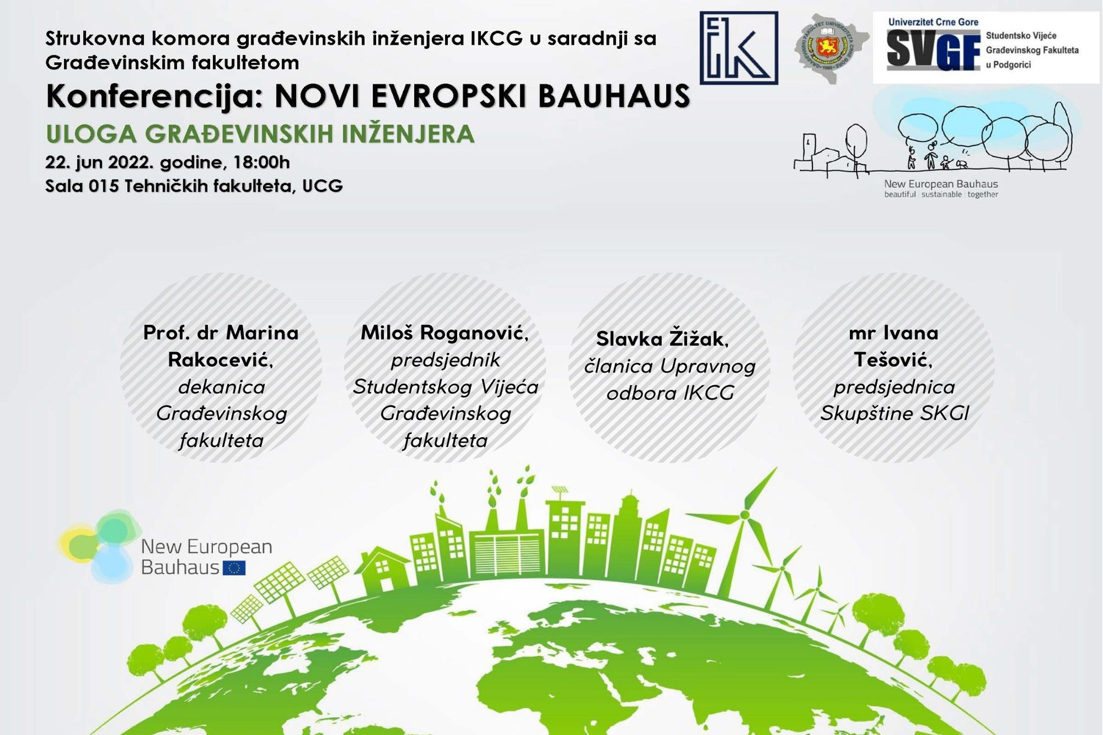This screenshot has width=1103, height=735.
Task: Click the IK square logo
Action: (x=738, y=48)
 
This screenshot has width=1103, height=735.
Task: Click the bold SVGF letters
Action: (x=933, y=50)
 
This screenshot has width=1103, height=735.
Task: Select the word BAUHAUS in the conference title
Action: (x=614, y=96)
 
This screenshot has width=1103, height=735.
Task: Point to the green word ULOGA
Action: (x=91, y=134)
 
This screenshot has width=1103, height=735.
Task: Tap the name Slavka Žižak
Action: (x=662, y=339)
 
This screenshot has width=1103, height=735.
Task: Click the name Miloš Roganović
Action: (x=445, y=333)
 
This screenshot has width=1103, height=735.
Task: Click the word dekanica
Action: (x=222, y=387)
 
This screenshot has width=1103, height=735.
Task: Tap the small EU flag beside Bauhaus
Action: (x=234, y=568)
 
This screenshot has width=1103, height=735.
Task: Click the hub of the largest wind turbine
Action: (x=744, y=515)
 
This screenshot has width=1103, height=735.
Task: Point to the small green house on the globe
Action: (x=383, y=571)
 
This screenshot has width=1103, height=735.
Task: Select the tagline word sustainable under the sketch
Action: (x=942, y=195)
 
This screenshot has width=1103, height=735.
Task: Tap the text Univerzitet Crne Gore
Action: (x=933, y=22)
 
